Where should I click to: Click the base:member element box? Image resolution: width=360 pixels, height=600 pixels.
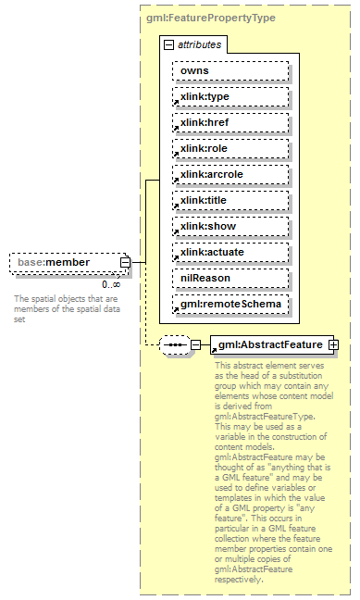pos(65,262)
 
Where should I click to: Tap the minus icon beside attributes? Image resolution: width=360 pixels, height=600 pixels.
pos(168,44)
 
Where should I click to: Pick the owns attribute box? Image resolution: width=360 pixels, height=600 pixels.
pos(229,70)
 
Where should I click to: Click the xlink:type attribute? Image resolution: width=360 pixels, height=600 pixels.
pos(229,96)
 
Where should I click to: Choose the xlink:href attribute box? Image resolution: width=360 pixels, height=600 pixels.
pos(229,122)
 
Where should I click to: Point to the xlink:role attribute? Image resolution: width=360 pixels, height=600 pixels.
pos(229,148)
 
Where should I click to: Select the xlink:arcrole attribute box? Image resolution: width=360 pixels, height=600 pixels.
pos(229,174)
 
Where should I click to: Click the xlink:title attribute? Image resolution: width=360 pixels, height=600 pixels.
pos(229,200)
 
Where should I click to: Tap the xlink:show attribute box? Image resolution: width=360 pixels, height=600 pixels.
pos(229,226)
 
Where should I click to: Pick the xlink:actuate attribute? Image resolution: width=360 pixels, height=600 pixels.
pos(229,252)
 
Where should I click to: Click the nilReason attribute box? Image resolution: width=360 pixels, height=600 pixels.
pos(229,278)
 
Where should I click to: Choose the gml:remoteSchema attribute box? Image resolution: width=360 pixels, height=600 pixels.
pos(229,304)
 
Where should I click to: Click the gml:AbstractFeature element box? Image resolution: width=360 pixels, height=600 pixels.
pos(268,345)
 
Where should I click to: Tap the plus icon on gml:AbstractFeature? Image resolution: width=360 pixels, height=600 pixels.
pos(333,345)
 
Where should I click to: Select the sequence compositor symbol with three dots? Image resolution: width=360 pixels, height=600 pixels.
pos(174,345)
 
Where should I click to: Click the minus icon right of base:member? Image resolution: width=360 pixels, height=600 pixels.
pos(125,262)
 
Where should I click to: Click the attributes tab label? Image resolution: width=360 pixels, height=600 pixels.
pos(200,44)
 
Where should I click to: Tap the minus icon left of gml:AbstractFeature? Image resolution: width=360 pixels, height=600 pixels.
pos(195,345)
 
